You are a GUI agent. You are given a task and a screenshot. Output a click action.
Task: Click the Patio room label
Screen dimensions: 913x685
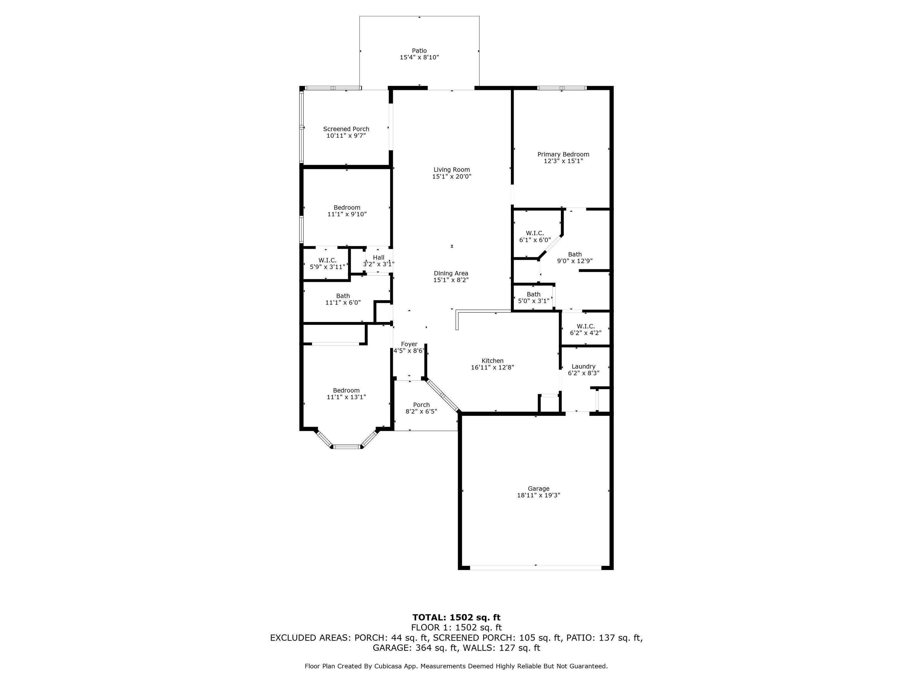click(419, 51)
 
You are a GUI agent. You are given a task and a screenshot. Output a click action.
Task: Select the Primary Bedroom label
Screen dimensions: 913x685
click(563, 154)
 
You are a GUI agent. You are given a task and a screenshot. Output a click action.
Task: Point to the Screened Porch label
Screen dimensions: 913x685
click(346, 129)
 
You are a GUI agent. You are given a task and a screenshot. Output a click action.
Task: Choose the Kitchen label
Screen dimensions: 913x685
click(492, 360)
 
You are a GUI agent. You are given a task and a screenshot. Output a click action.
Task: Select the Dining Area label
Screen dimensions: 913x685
click(451, 273)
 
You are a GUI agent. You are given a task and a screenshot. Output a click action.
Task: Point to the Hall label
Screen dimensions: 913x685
click(379, 257)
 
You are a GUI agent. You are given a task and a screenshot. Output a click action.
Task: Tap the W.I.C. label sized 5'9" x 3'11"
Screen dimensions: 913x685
click(327, 260)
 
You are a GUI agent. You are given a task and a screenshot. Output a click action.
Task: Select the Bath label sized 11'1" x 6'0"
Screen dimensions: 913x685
click(343, 296)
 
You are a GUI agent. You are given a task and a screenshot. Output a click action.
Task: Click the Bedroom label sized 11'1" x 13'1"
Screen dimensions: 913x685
click(346, 390)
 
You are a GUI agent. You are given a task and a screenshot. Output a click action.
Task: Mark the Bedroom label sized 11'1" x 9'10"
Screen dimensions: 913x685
click(347, 207)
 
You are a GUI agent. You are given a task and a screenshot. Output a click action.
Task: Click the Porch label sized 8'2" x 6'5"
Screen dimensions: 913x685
click(421, 405)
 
